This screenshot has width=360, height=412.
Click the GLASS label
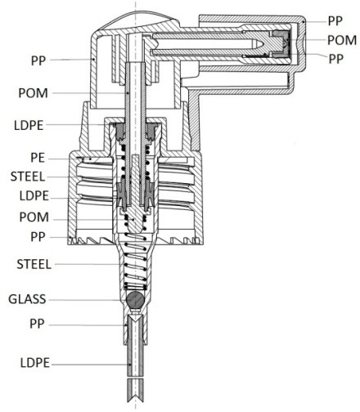pyautogui.click(x=27, y=299)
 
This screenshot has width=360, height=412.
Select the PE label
pyautogui.click(x=38, y=158)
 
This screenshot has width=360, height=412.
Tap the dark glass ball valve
pyautogui.click(x=135, y=300)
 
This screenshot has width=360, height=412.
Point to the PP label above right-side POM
pyautogui.click(x=335, y=21)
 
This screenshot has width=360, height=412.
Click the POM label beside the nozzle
pyautogui.click(x=342, y=40)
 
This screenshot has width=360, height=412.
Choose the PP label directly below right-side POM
pyautogui.click(x=335, y=59)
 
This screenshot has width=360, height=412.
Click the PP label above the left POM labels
pyautogui.click(x=38, y=60)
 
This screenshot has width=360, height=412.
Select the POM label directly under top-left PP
pyautogui.click(x=33, y=93)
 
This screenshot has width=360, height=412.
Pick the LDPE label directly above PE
pyautogui.click(x=29, y=126)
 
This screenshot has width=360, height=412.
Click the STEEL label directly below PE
pyautogui.click(x=28, y=177)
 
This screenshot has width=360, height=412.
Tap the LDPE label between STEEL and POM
pyautogui.click(x=34, y=196)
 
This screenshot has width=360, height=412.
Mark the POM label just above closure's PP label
pyautogui.click(x=34, y=217)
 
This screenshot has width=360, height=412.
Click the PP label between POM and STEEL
pyautogui.click(x=38, y=237)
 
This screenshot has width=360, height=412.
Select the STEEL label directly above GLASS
pyautogui.click(x=34, y=265)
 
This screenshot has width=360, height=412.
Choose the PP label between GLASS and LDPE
pyautogui.click(x=37, y=324)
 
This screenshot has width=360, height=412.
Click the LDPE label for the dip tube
pyautogui.click(x=35, y=363)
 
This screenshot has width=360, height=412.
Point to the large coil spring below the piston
pyautogui.click(x=135, y=262)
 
